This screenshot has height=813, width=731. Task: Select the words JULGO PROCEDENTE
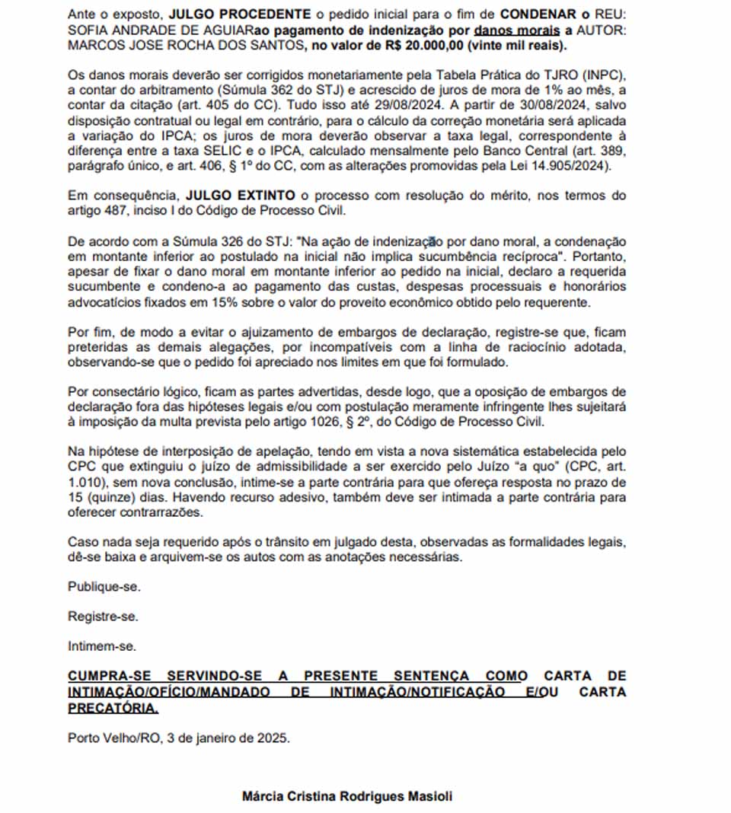point(239,14)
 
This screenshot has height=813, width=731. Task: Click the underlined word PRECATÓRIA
point(113,709)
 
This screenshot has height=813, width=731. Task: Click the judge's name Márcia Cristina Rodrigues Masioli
point(346,796)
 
